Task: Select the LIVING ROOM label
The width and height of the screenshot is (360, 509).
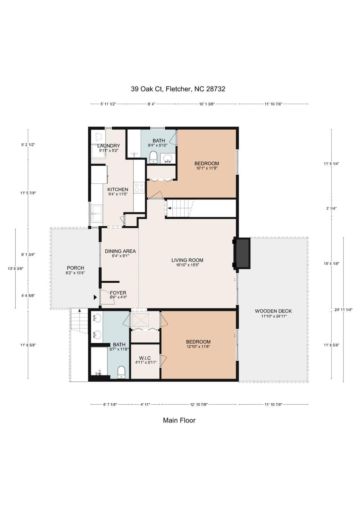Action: [187, 260]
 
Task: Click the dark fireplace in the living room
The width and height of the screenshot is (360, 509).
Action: [243, 254]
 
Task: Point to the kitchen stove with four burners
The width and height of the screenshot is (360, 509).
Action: [139, 188]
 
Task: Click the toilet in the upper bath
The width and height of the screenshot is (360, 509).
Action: [154, 157]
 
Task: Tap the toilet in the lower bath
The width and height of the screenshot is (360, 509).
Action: [122, 372]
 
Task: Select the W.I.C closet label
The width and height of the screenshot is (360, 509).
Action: [146, 358]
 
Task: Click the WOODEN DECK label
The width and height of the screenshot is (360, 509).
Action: [273, 311]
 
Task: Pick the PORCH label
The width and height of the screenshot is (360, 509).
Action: [76, 268]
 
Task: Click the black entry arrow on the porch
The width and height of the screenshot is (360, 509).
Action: [95, 297]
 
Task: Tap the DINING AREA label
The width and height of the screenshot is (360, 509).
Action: [120, 251]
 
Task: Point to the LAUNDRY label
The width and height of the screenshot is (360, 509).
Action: [109, 146]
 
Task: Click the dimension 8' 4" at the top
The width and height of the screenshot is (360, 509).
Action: [151, 104]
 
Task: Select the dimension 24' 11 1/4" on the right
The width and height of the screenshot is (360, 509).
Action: [343, 310]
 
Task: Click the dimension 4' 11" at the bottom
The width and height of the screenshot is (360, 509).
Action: [145, 404]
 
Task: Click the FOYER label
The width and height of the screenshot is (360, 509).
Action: [118, 293]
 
